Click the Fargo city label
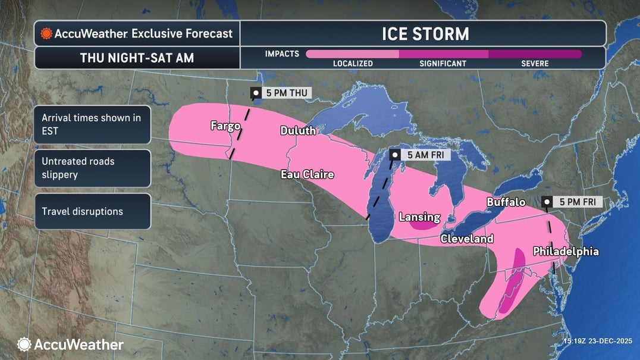225,126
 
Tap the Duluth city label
298,131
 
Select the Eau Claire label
308,174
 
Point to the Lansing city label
419,217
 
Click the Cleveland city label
467,239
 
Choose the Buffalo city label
506,202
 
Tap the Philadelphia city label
566,251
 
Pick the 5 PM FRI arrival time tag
579,202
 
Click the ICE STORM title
425,34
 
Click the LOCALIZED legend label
353,63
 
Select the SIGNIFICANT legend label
443,63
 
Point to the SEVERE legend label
535,63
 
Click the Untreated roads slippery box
92,167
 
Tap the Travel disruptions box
92,211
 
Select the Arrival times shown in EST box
92,124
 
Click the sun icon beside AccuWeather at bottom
24,344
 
